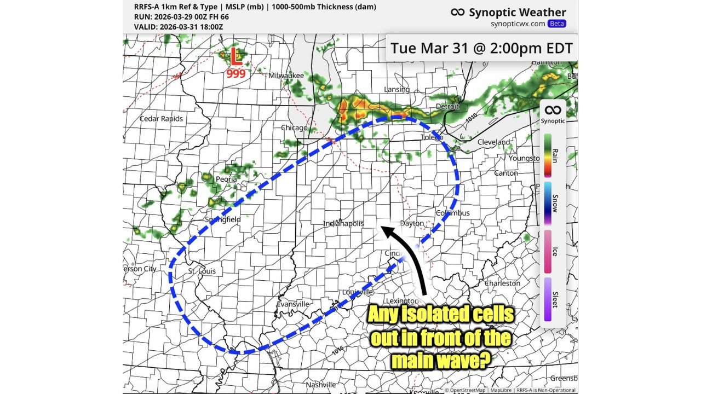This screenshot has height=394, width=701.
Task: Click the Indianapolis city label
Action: coord(343,224)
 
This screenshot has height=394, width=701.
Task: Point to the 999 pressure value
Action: coord(235,73)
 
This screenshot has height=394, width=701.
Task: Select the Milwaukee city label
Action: coord(286,75)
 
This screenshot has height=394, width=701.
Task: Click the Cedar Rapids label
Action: coord(161,119)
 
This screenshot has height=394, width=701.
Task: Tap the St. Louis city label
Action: coord(202,271)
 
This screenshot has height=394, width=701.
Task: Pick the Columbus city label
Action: coord(453,213)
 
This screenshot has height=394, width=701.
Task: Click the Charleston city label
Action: coord(502,283)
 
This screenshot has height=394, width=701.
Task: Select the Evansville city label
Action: coord(293,304)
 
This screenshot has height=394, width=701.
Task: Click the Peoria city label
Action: coord(226,179)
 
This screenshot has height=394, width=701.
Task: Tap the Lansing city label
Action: coord(397,89)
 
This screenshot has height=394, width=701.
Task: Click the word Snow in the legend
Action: coord(555,204)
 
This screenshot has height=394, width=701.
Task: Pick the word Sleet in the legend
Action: coord(555,298)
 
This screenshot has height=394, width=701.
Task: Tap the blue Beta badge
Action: coord(557,24)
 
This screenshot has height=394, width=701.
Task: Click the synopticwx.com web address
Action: coord(518,24)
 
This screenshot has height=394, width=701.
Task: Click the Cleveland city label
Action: coord(493,142)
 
